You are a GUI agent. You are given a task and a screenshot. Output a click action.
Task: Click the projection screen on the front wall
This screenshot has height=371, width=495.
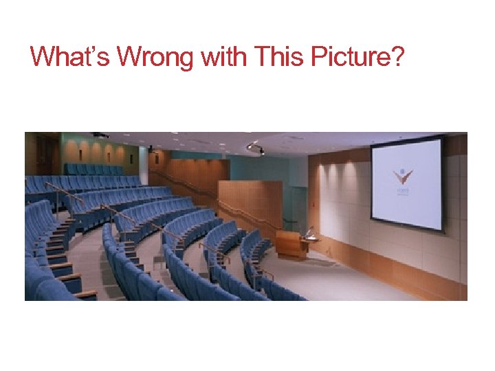(406, 183)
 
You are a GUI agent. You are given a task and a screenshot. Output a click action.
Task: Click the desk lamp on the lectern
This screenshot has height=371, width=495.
(311, 232)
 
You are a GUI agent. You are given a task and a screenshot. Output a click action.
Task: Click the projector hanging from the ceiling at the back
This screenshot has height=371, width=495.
(101, 135)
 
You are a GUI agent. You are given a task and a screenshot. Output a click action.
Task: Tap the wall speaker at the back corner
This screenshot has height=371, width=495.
(149, 148)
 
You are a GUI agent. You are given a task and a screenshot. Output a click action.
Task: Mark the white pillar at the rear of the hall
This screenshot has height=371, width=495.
(143, 166)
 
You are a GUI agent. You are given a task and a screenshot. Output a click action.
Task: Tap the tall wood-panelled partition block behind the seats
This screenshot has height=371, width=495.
(250, 203)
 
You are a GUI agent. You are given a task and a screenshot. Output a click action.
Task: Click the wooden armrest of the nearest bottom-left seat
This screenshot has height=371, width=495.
(87, 295)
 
